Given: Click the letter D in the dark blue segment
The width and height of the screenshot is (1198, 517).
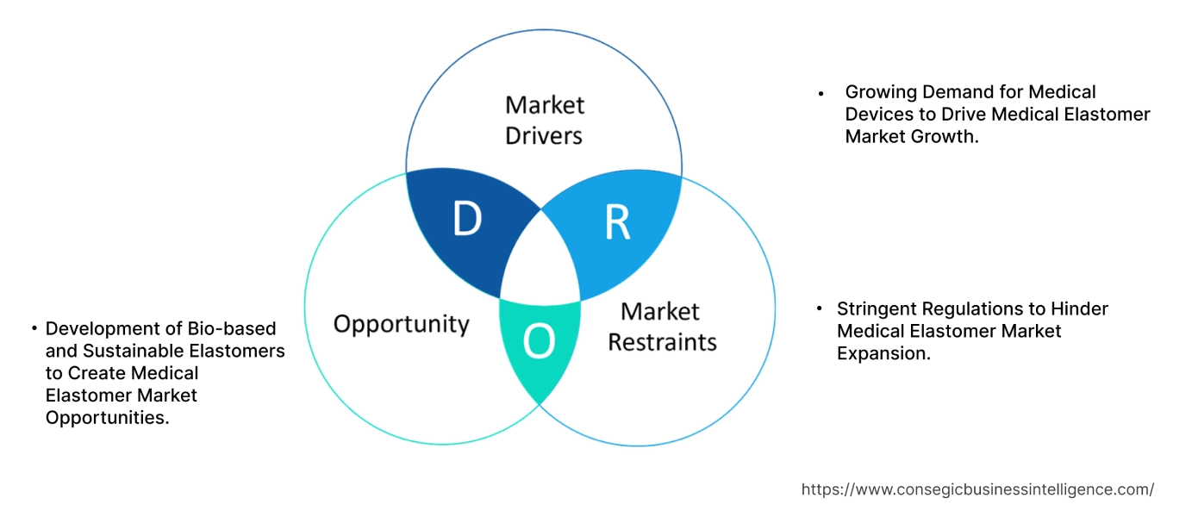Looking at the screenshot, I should click(466, 220).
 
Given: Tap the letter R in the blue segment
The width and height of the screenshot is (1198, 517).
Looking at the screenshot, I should click(617, 221).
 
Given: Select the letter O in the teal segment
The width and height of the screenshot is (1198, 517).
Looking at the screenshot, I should click(540, 342).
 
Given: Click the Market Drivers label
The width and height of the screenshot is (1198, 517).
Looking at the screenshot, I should click(544, 120).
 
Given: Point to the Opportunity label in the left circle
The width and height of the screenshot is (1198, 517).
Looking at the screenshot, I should click(401, 324).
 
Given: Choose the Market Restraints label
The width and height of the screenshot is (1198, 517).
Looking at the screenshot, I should click(662, 327).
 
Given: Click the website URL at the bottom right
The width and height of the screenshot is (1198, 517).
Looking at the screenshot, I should click(977, 489).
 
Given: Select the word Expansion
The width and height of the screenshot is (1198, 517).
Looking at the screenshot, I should click(883, 353).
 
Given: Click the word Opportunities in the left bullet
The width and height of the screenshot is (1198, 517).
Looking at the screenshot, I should click(106, 418).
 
